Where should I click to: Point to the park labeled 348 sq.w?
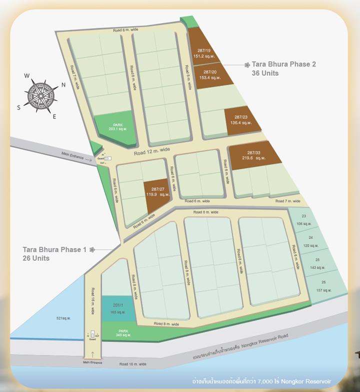pyautogui.click(x=123, y=333)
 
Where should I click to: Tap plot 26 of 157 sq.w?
pyautogui.click(x=324, y=286)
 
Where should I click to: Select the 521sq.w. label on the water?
pyautogui.click(x=63, y=318)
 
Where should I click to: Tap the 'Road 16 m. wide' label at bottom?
pyautogui.click(x=132, y=365)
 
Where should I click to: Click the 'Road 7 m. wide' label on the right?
pyautogui.click(x=287, y=201)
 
